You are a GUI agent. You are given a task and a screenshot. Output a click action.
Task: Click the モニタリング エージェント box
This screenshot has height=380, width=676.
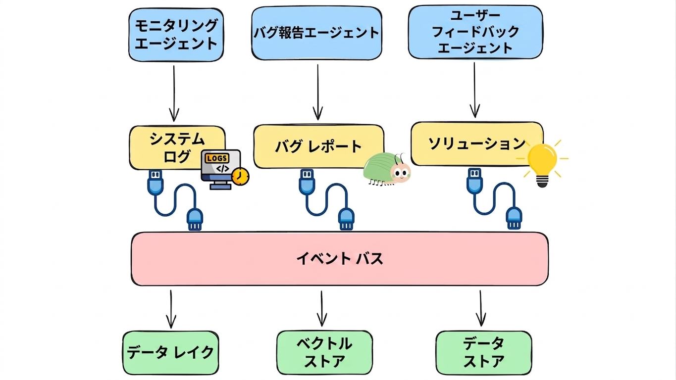(x=176, y=35)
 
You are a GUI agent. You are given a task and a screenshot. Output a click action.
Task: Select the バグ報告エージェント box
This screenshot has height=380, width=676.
(x=316, y=33)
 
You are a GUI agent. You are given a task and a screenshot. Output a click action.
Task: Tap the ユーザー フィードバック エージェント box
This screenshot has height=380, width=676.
(x=475, y=32)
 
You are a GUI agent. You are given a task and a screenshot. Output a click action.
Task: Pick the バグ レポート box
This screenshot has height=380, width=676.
(x=319, y=146)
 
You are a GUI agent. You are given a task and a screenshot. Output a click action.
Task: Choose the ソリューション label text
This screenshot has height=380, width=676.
(x=477, y=144)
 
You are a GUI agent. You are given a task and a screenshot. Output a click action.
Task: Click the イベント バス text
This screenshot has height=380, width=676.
(x=340, y=259)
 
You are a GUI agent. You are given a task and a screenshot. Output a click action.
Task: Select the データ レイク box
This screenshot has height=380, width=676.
(x=170, y=353)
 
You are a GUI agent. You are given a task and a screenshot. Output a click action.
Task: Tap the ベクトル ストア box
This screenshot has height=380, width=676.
(x=324, y=352)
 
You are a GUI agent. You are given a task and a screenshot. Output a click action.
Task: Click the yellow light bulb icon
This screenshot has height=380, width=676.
(x=542, y=164)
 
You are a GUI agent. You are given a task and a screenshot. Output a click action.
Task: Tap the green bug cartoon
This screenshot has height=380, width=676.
(x=387, y=169)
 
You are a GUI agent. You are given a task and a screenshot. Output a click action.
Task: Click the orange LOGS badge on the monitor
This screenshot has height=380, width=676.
(x=217, y=158)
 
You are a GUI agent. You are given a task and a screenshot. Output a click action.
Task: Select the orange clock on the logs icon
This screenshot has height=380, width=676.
(x=240, y=177)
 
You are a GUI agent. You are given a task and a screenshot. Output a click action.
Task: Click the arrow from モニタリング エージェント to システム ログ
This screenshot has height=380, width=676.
(x=174, y=94)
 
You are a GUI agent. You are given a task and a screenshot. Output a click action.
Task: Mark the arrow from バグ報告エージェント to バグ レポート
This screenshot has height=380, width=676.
(x=318, y=92)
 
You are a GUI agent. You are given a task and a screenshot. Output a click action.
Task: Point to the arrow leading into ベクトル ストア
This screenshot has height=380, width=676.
(x=322, y=309)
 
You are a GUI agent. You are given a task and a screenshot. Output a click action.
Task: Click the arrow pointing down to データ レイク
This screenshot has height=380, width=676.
(x=171, y=309)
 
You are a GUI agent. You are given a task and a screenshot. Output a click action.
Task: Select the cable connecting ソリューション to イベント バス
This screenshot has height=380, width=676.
(x=494, y=199)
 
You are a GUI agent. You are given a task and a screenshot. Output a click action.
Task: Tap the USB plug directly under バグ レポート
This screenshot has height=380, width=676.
(x=307, y=182)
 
